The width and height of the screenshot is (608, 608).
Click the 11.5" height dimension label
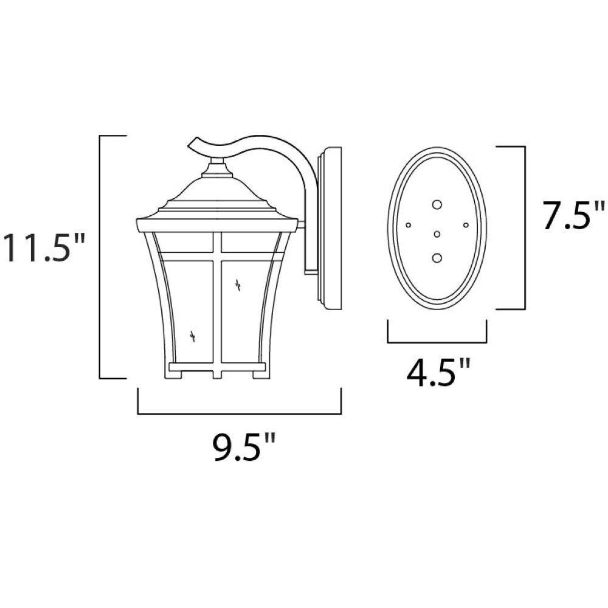pyautogui.click(x=43, y=248)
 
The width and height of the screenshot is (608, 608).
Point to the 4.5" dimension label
pyautogui.click(x=438, y=371)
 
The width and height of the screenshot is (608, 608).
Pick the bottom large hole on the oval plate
pyautogui.click(x=437, y=258)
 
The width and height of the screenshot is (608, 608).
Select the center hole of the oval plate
pyautogui.click(x=437, y=234)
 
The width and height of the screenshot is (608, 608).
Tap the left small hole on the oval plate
pyautogui.click(x=408, y=225)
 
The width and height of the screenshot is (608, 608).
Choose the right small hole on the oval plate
pyautogui.click(x=466, y=225)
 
